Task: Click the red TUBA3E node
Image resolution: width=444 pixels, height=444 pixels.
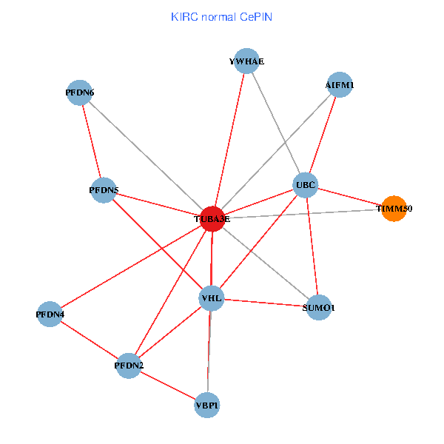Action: click(x=212, y=219)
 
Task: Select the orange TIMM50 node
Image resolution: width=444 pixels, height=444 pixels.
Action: click(x=394, y=209)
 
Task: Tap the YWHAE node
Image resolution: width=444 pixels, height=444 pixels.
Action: click(x=246, y=61)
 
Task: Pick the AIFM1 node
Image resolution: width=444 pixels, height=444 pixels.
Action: click(x=339, y=84)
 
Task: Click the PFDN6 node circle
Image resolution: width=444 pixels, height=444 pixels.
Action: click(x=79, y=92)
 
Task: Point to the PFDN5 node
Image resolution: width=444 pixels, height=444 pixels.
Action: click(x=104, y=190)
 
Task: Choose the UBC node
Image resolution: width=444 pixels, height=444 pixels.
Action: click(x=306, y=184)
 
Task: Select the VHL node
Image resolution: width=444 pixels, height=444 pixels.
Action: click(x=212, y=298)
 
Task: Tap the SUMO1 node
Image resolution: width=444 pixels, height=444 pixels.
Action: click(x=318, y=307)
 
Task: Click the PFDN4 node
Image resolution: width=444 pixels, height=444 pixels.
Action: click(x=50, y=314)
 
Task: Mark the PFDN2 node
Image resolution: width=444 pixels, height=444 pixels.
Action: click(x=129, y=366)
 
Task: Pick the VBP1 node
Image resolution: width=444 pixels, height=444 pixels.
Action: click(x=207, y=405)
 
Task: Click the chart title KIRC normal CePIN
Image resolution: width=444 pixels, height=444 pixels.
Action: click(x=221, y=16)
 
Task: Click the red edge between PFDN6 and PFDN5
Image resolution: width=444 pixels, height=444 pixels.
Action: click(x=91, y=141)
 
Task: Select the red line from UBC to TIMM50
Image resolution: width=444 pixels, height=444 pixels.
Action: click(x=349, y=196)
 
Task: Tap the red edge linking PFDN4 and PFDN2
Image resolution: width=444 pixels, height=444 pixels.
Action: click(x=89, y=340)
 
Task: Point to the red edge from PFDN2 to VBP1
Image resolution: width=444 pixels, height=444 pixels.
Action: click(x=168, y=385)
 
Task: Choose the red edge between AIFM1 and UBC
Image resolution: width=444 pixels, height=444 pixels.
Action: click(x=323, y=134)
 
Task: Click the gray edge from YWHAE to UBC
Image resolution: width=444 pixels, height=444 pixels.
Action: click(x=275, y=122)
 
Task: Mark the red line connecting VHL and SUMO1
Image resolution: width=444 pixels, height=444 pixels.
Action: click(x=265, y=303)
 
